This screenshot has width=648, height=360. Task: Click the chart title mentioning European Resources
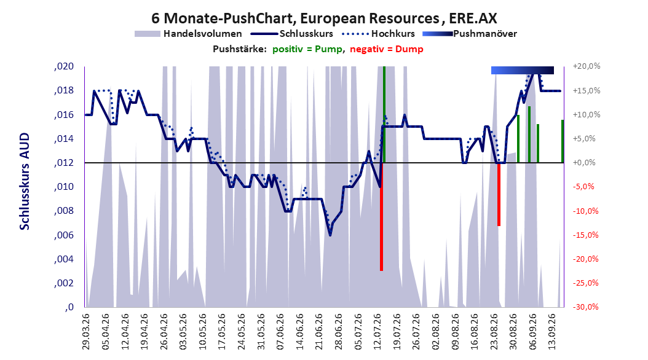point(325,18)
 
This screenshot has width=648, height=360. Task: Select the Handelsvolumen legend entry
point(189,34)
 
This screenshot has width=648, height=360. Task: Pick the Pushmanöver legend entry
point(470,34)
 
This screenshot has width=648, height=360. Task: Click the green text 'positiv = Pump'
point(307,49)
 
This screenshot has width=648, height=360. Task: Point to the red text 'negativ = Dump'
point(387,49)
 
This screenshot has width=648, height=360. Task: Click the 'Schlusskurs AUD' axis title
point(25,181)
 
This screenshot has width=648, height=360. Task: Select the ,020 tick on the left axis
point(64,66)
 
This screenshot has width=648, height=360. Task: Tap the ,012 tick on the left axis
point(64,163)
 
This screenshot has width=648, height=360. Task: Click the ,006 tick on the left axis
point(64,235)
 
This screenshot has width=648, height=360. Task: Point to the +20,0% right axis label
point(587,66)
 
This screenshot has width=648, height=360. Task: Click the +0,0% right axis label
point(584,163)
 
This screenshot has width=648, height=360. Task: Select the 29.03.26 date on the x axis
point(86,332)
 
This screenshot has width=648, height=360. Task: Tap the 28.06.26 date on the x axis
point(339,332)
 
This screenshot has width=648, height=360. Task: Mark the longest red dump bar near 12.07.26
point(381,217)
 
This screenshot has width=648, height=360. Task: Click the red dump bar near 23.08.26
point(499,195)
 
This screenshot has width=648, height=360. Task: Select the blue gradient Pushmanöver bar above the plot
point(523,70)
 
